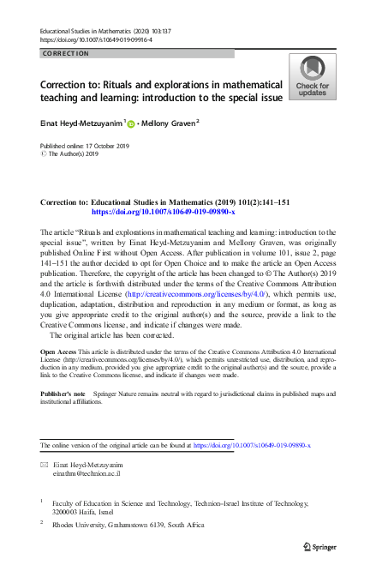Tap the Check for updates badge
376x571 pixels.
point(312,75)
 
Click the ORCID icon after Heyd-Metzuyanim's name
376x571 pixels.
point(131,123)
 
